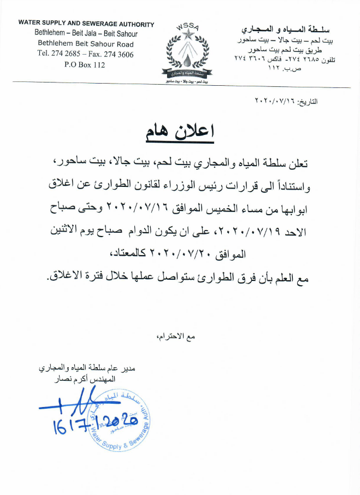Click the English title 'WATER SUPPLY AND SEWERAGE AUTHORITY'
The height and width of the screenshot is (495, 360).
pos(86,24)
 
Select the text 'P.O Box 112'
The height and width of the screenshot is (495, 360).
pos(84,65)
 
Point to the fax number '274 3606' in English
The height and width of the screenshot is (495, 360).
pos(119,55)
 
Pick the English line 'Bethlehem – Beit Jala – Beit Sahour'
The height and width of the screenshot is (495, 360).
pos(86,34)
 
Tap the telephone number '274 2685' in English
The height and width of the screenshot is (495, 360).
pos(67,55)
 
